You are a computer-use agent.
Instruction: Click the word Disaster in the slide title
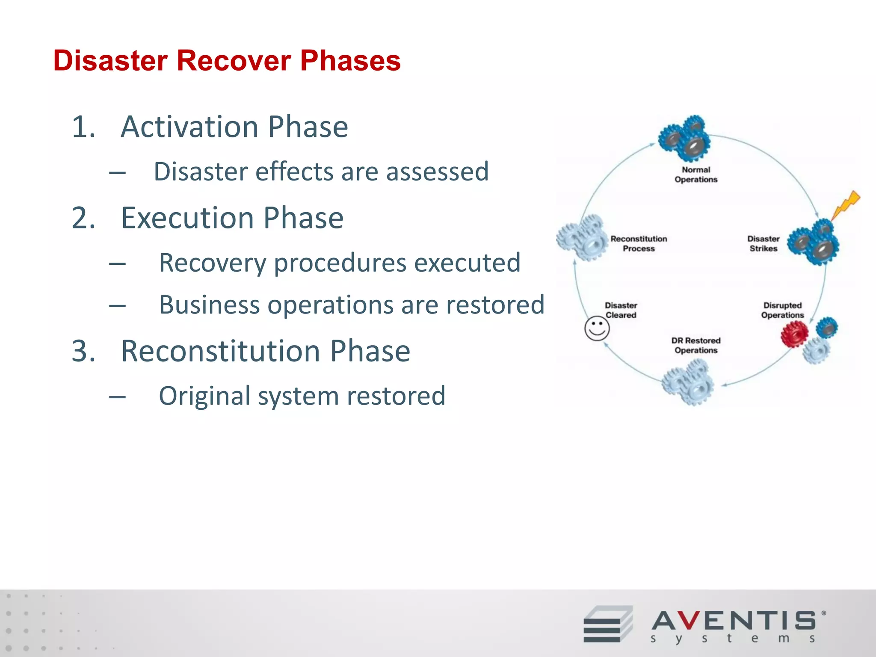click(110, 61)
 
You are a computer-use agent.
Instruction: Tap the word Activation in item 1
click(190, 127)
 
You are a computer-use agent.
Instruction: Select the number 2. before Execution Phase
click(83, 218)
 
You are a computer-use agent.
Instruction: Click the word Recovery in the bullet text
click(213, 263)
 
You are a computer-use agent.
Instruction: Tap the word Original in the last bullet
click(204, 396)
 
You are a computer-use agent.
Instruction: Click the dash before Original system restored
click(117, 397)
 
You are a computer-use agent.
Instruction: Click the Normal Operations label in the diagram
click(696, 175)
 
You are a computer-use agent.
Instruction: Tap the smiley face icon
click(597, 329)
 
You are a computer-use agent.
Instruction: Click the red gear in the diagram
click(794, 334)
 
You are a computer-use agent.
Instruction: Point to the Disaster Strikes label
click(764, 243)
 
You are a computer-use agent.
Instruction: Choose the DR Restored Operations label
click(696, 345)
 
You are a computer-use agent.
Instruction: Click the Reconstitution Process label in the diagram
click(639, 243)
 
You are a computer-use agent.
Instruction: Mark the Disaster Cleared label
click(621, 310)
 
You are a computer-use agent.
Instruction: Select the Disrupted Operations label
click(782, 310)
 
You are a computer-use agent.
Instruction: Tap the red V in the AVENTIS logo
click(689, 621)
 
